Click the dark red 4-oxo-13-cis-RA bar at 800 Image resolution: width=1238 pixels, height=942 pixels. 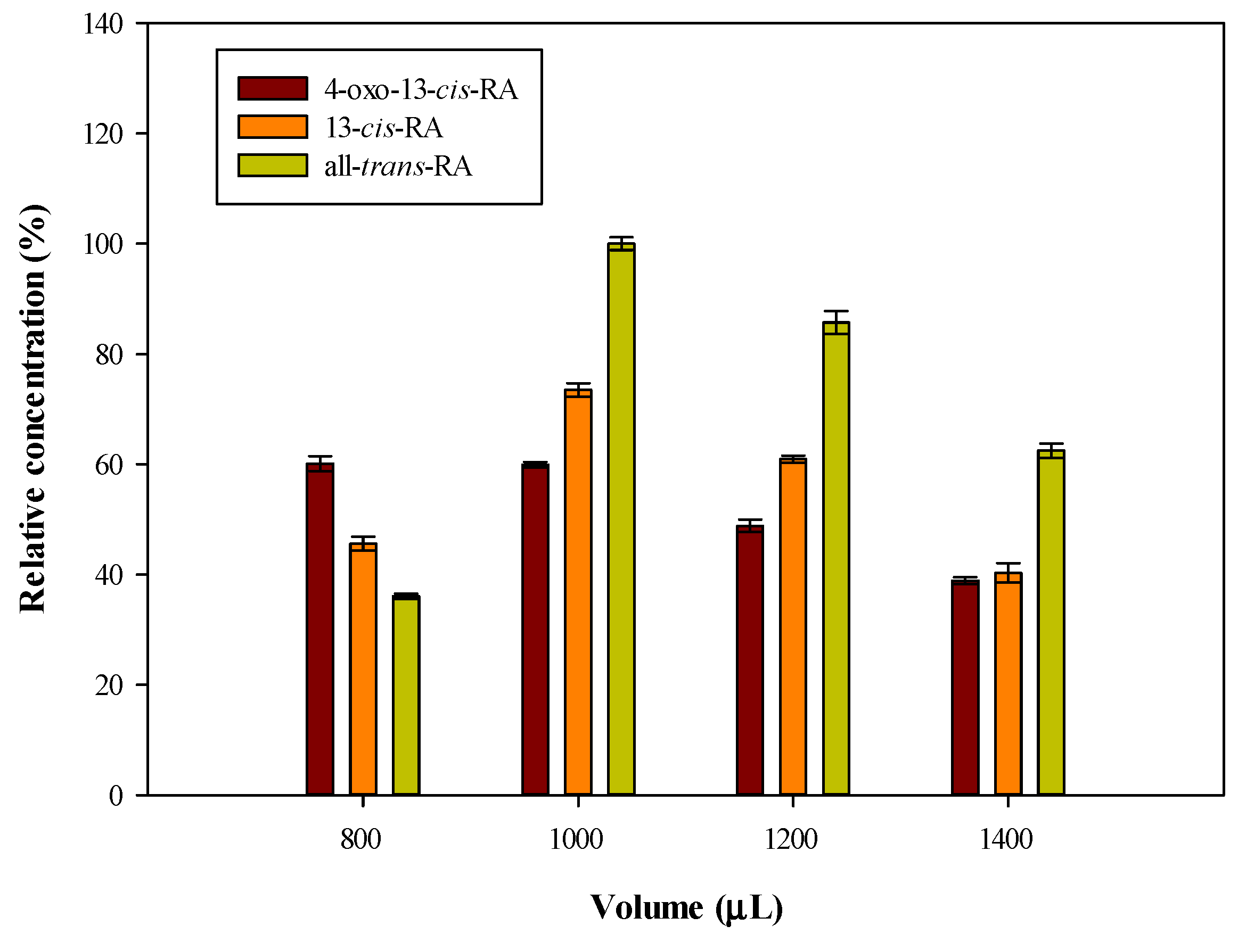tap(319, 628)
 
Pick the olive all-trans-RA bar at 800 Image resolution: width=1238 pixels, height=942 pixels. tap(406, 695)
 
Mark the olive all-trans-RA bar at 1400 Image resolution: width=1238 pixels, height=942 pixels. tap(1051, 622)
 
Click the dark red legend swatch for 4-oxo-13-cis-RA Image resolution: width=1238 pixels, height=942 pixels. tap(273, 88)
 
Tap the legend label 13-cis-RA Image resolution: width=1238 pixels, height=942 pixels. tap(384, 128)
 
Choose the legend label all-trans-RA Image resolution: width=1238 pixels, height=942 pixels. tap(398, 167)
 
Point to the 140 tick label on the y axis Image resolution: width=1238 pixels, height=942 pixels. tap(103, 24)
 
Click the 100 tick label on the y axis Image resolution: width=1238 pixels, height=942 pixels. tap(103, 244)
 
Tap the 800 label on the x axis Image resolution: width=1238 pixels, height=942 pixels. tap(360, 839)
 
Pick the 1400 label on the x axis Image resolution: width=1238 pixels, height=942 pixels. tap(1006, 839)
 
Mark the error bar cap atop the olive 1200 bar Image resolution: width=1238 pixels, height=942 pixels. tap(836, 311)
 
